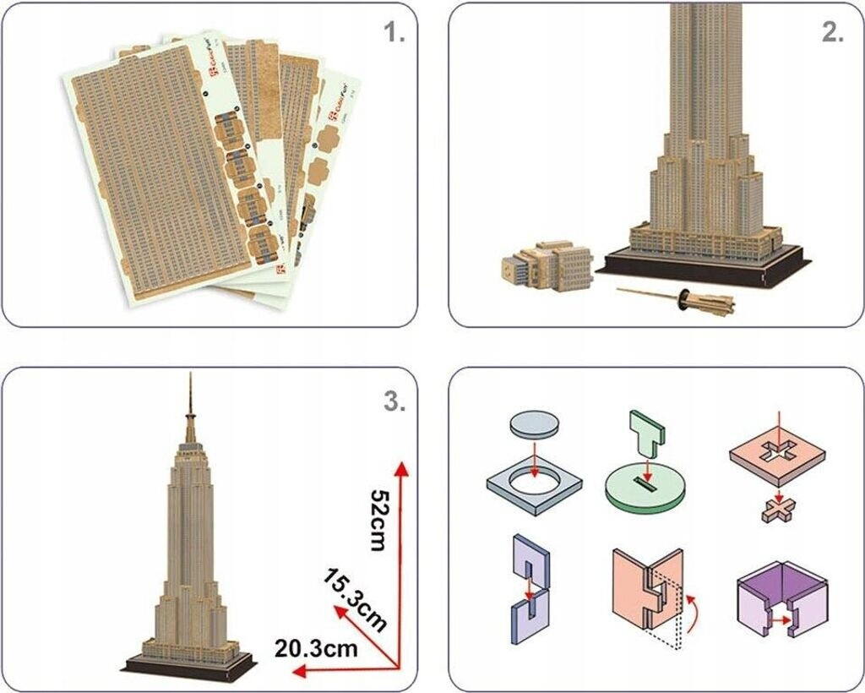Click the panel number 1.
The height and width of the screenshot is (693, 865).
tap(394, 33)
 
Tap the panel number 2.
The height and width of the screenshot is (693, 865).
tap(833, 33)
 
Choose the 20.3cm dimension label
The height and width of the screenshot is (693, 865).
tap(316, 648)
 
